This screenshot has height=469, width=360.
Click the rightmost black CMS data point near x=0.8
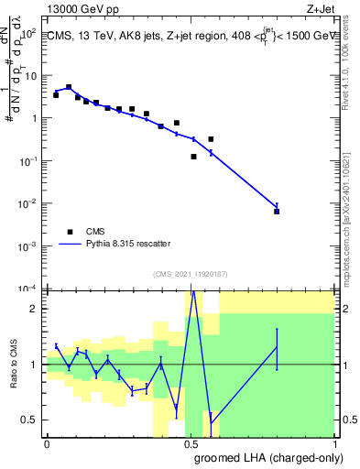pyautogui.click(x=277, y=212)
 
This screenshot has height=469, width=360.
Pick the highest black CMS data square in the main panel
pyautogui.click(x=69, y=88)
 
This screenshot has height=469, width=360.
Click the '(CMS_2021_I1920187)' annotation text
pyautogui.click(x=189, y=273)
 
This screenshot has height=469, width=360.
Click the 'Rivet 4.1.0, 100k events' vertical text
pyautogui.click(x=350, y=69)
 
